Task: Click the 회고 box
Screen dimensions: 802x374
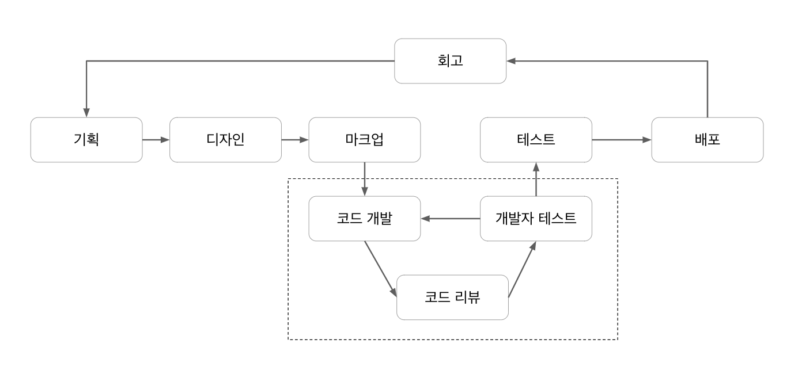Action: coord(450,61)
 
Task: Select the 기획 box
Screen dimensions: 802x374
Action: coord(86,140)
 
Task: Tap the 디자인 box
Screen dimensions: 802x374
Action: coord(225,140)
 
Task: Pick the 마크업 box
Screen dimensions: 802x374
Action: coord(365,140)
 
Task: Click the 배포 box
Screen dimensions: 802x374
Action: coord(707,140)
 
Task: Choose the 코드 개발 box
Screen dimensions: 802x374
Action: coord(365,219)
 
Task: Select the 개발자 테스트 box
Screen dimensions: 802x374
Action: coord(536,219)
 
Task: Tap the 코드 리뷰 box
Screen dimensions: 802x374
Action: coord(452,297)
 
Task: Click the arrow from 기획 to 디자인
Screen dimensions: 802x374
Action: coord(156,140)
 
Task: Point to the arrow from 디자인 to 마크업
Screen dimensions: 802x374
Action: coord(295,140)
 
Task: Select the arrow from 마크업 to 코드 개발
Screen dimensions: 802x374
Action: coord(365,179)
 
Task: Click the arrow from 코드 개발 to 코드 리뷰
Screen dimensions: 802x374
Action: coord(381,269)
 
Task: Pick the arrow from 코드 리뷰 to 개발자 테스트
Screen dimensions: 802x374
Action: coord(522,269)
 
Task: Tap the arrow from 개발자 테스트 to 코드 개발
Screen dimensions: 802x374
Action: coord(451,219)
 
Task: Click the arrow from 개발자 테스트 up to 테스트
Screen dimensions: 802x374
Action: coord(536,179)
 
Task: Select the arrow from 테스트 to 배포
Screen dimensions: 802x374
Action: coord(622,140)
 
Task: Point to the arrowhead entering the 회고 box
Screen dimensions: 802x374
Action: coord(511,61)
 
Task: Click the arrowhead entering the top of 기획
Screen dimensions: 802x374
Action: coord(86,113)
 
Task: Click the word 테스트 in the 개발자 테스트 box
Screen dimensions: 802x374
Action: coord(557,219)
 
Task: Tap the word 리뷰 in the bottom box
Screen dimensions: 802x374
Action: coord(467,297)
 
